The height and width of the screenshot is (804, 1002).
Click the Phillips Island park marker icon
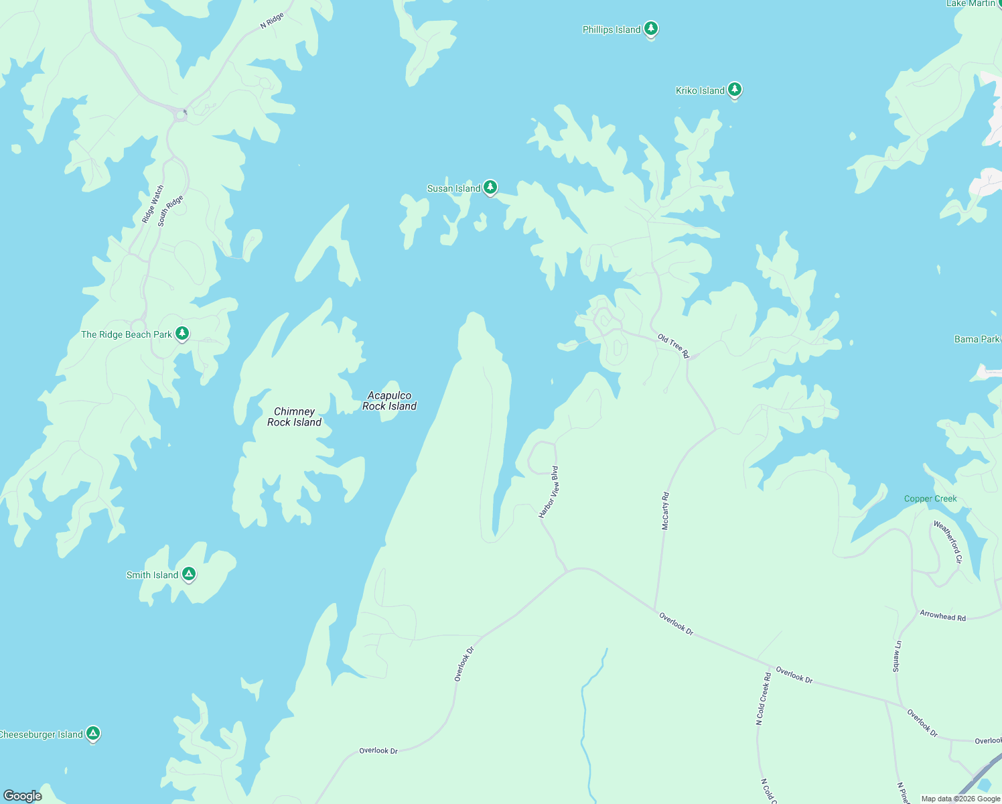[x=650, y=29]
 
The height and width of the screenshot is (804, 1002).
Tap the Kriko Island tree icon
[x=735, y=89]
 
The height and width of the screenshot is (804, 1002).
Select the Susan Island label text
[x=453, y=188]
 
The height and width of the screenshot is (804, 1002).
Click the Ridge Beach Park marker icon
[x=182, y=333]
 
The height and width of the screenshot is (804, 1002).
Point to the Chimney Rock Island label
[x=294, y=417]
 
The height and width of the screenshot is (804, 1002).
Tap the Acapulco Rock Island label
[x=389, y=401]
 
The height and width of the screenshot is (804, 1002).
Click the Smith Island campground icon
[x=189, y=574]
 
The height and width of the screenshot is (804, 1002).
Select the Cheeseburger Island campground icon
[x=93, y=733]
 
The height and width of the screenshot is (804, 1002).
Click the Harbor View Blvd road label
[x=549, y=492]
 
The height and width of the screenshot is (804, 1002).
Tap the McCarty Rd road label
[x=665, y=511]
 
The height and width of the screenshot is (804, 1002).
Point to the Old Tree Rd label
[x=673, y=346]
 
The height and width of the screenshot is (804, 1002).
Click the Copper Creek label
[x=930, y=498]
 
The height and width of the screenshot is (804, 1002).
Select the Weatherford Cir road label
[x=948, y=542]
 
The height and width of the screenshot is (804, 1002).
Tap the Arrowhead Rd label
[x=942, y=616]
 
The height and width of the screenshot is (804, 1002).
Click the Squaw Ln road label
[x=897, y=657]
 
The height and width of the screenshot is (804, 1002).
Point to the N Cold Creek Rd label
[x=763, y=699]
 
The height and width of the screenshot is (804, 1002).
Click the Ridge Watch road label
[x=152, y=204]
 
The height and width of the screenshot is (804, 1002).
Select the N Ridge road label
[x=272, y=20]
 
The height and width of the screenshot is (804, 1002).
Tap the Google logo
[x=23, y=795]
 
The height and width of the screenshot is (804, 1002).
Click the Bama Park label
[x=977, y=339]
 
